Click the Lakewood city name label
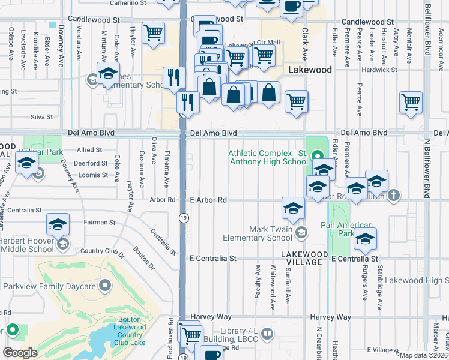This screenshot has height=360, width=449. [x=310, y=70]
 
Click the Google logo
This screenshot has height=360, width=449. [x=20, y=353]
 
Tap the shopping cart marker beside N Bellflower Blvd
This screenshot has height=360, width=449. [x=411, y=103]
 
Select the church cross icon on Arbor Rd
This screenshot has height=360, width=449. [x=393, y=196]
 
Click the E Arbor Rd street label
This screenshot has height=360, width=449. [x=208, y=200]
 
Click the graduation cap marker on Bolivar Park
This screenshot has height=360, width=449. [x=26, y=163]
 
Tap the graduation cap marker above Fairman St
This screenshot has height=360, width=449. [x=58, y=224]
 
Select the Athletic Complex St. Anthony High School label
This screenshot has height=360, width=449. [x=268, y=157]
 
